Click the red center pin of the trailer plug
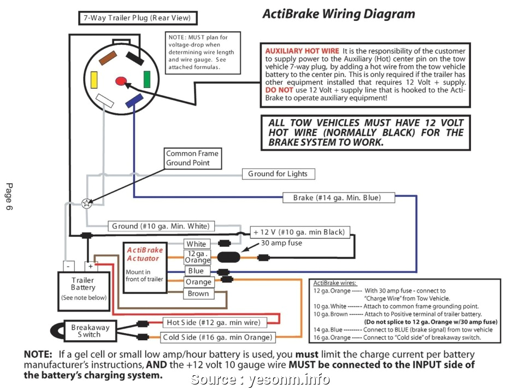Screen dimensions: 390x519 coord(121,81)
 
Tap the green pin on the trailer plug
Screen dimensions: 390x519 coord(147,79)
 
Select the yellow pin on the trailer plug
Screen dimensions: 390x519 coord(95,80)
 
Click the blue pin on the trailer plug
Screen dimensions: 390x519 coord(133,101)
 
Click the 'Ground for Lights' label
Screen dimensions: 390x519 coord(278,174)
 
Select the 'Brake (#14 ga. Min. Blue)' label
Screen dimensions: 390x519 coord(339,197)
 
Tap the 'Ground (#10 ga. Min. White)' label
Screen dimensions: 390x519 coord(161,226)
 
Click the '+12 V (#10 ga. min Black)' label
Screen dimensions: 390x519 coord(300,232)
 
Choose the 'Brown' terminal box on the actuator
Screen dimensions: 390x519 coord(198,294)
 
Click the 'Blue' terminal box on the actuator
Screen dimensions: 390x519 coord(196,271)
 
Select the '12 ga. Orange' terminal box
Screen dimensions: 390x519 coord(198,257)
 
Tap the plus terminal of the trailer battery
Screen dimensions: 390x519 coord(90,266)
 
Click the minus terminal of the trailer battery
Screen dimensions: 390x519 coord(68,266)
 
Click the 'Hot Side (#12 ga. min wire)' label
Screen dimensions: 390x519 coord(213,322)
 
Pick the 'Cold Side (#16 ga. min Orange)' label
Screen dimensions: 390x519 coord(217,337)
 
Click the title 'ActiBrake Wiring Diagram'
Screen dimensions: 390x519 coord(339,13)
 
